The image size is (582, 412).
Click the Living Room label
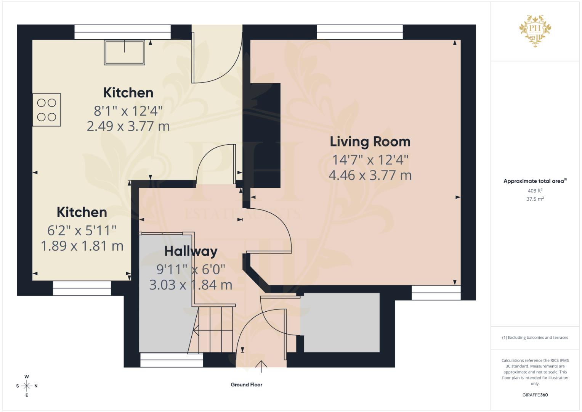pyautogui.click(x=370, y=142)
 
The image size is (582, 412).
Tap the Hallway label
pyautogui.click(x=191, y=251)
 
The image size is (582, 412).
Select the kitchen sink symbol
pyautogui.click(x=125, y=53)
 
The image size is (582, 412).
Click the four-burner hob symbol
pyautogui.click(x=46, y=110)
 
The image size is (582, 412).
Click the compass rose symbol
pyautogui.click(x=27, y=386)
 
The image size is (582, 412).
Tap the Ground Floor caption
pyautogui.click(x=246, y=385)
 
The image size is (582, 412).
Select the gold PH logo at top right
pyautogui.click(x=535, y=31)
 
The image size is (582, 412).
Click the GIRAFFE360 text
pyautogui.click(x=535, y=395)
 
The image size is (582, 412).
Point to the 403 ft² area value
pyautogui.click(x=535, y=191)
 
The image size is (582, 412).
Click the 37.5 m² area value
pyautogui.click(x=535, y=199)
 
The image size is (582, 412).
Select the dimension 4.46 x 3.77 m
pyautogui.click(x=370, y=175)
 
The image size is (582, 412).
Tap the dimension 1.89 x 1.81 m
pyautogui.click(x=82, y=246)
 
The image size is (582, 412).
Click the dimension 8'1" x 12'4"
pyautogui.click(x=128, y=111)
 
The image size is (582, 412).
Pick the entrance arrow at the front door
pyautogui.click(x=261, y=366)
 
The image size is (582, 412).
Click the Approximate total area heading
pyautogui.click(x=535, y=181)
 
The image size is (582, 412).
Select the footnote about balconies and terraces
pyautogui.click(x=535, y=338)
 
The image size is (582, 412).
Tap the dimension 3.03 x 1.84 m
pyautogui.click(x=191, y=285)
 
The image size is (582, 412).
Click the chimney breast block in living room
pyautogui.click(x=265, y=135)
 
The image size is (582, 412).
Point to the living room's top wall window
pyautogui.click(x=359, y=32)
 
